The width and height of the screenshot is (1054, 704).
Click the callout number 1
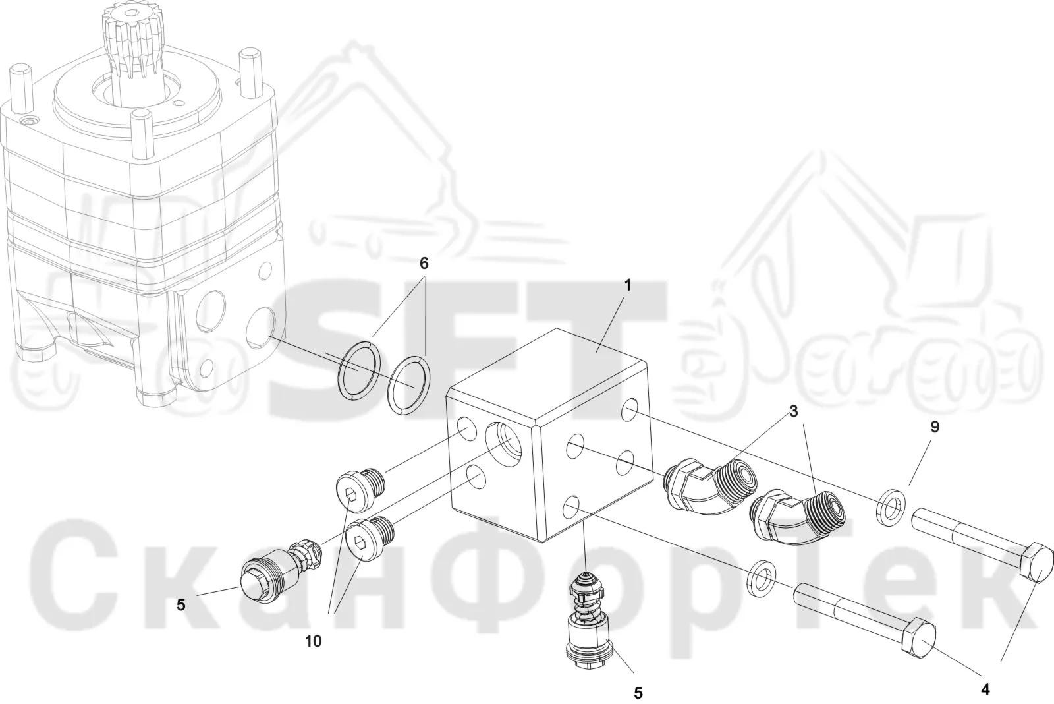coord(626,285)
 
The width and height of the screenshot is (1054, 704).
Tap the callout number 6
coord(424,263)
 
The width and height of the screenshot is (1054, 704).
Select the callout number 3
coord(793,411)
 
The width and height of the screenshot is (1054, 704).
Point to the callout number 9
coord(935,426)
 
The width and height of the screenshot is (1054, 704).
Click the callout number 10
coord(314,641)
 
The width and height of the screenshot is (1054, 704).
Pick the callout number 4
coord(985,690)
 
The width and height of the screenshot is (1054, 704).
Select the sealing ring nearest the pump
coord(358,372)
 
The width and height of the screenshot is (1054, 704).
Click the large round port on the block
coord(503,444)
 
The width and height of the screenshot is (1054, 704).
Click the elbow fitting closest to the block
coord(711,487)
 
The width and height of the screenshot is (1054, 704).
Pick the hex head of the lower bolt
coord(918,642)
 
